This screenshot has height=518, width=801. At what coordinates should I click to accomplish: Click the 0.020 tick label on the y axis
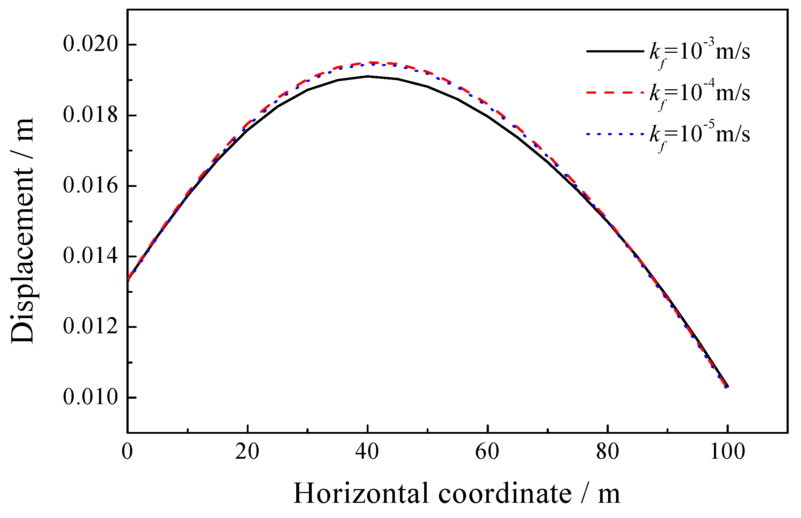[91, 45]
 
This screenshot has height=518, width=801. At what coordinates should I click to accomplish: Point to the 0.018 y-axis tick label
[91, 115]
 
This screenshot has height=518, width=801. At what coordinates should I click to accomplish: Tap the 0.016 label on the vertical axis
[91, 186]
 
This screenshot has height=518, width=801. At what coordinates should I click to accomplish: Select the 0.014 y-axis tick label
[91, 256]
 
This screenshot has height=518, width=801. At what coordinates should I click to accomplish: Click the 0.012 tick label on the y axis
[91, 327]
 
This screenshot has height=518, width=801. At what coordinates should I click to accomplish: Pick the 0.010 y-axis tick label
[91, 397]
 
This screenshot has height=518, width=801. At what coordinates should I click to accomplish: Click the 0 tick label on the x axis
[127, 452]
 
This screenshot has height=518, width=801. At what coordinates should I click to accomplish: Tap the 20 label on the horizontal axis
[247, 452]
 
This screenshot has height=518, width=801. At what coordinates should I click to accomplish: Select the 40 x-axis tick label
[367, 452]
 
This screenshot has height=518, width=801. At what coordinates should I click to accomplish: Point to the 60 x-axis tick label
[487, 452]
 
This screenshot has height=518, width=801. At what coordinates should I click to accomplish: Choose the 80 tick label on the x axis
[608, 452]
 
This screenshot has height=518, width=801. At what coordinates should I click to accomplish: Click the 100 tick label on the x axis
[728, 452]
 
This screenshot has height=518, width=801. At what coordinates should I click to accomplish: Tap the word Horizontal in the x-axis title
[360, 493]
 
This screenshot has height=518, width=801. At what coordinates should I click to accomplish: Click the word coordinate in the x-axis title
[505, 493]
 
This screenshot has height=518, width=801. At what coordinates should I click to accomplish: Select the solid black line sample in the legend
[615, 51]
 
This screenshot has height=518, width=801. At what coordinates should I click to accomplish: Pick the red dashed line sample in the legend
[615, 93]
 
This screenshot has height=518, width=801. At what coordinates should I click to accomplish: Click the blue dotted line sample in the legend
[615, 134]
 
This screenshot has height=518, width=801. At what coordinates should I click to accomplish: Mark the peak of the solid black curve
[368, 76]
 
